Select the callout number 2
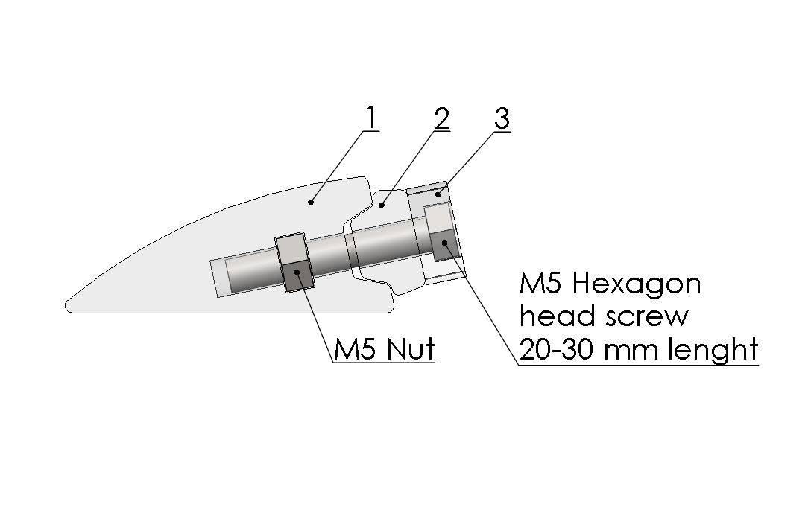point(442,119)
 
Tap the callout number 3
point(502,119)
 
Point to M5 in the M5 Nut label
point(354,349)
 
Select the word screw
point(648,316)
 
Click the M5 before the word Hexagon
point(540,284)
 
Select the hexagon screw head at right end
point(442,232)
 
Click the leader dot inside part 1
point(311,202)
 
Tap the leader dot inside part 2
point(382,205)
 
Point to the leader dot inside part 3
point(438,195)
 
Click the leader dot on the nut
point(297,272)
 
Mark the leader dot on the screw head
point(444,243)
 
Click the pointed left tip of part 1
point(65,305)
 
